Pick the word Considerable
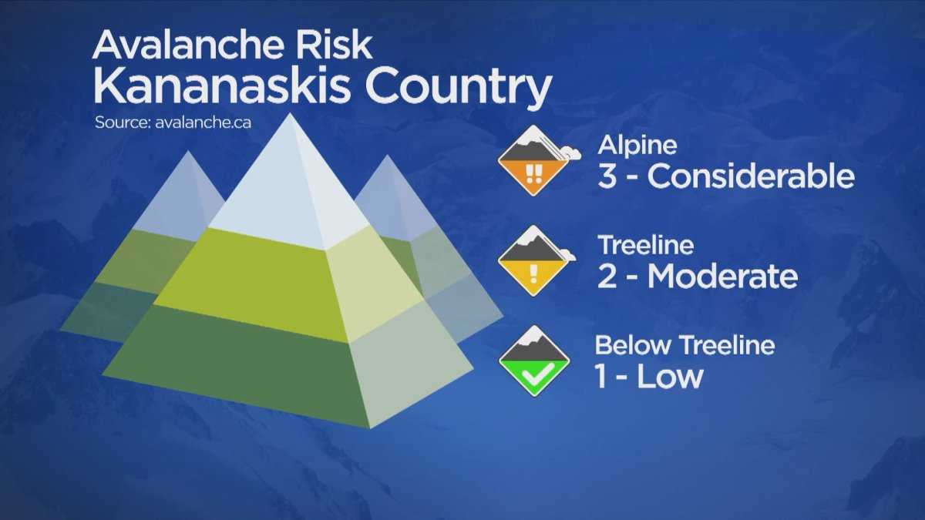tap(751, 176)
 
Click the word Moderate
tap(722, 277)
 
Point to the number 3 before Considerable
tap(608, 176)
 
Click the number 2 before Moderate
tap(608, 277)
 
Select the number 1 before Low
tap(604, 377)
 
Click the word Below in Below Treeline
tap(627, 346)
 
